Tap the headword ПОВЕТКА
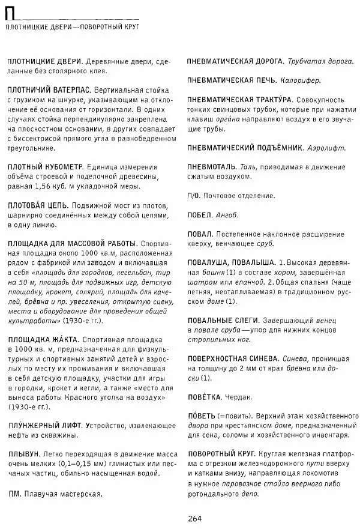[x=204, y=397]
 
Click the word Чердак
[x=239, y=397]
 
